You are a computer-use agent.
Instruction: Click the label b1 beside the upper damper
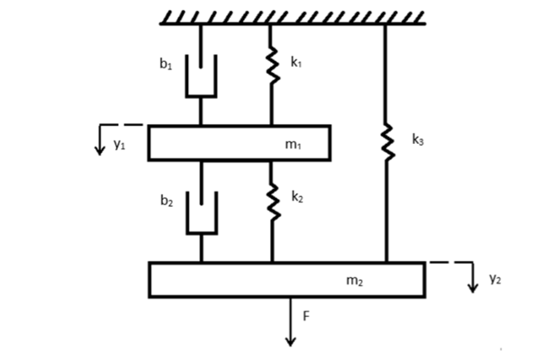tap(166, 64)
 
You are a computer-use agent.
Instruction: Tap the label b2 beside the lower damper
tap(167, 201)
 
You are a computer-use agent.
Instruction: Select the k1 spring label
tap(296, 62)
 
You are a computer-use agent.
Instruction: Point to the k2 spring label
tap(297, 197)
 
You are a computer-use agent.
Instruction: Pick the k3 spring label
tap(418, 139)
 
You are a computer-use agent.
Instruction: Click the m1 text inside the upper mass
tap(293, 145)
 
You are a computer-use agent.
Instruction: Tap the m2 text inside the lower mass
tap(355, 281)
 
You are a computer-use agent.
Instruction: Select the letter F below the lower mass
tap(306, 317)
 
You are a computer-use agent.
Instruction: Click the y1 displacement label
tap(120, 144)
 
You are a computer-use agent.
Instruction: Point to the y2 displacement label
tap(495, 278)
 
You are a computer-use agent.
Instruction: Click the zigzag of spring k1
tap(272, 65)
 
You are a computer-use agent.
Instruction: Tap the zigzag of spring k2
tap(273, 202)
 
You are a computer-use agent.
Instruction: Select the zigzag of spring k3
tap(387, 142)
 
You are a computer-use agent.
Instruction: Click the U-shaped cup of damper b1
tap(202, 96)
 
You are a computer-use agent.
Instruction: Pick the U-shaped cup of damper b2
tap(202, 233)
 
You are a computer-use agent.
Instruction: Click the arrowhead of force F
tap(290, 342)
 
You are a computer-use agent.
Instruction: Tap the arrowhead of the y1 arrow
tap(100, 150)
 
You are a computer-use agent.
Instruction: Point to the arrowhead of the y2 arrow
tap(473, 288)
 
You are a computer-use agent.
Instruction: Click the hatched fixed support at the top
tap(293, 18)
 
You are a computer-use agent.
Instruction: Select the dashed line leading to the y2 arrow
tap(451, 262)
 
